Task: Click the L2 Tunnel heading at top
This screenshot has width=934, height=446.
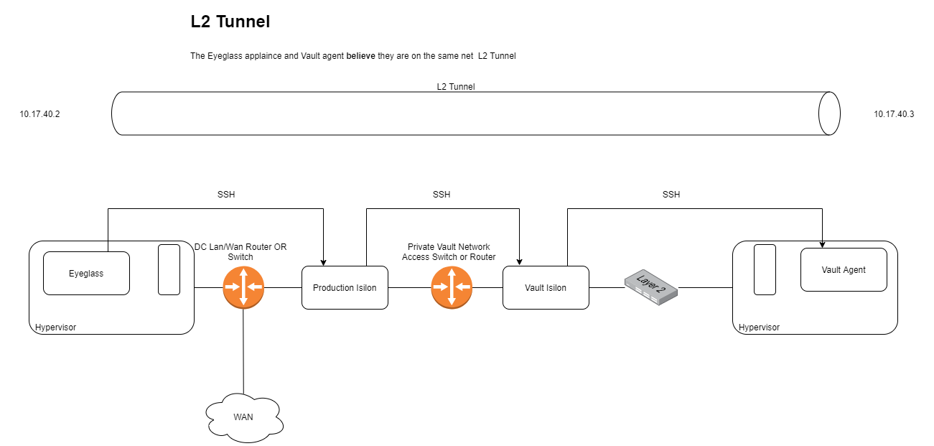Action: [230, 22]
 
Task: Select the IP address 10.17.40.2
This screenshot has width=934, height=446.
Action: [39, 114]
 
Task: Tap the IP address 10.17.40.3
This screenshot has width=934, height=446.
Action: [894, 114]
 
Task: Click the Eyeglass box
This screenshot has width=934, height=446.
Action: [86, 273]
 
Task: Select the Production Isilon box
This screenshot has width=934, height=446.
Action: [345, 288]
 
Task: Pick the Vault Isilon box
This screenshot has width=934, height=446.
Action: [546, 288]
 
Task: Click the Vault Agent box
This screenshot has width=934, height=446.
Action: [844, 270]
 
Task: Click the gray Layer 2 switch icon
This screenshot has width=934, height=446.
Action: [650, 287]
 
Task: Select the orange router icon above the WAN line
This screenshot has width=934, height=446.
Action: [243, 287]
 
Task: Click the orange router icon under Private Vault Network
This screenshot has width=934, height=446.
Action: [452, 287]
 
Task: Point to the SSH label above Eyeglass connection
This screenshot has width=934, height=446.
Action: [226, 195]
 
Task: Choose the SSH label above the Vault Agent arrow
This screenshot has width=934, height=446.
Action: [671, 195]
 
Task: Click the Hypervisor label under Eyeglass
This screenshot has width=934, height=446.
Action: [55, 327]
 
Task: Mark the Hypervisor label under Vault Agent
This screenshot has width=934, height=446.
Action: [759, 327]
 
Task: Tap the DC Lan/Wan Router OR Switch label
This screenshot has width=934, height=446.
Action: [240, 251]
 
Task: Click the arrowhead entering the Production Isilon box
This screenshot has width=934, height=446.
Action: [324, 262]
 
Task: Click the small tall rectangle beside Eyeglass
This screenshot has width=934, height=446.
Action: [169, 269]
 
